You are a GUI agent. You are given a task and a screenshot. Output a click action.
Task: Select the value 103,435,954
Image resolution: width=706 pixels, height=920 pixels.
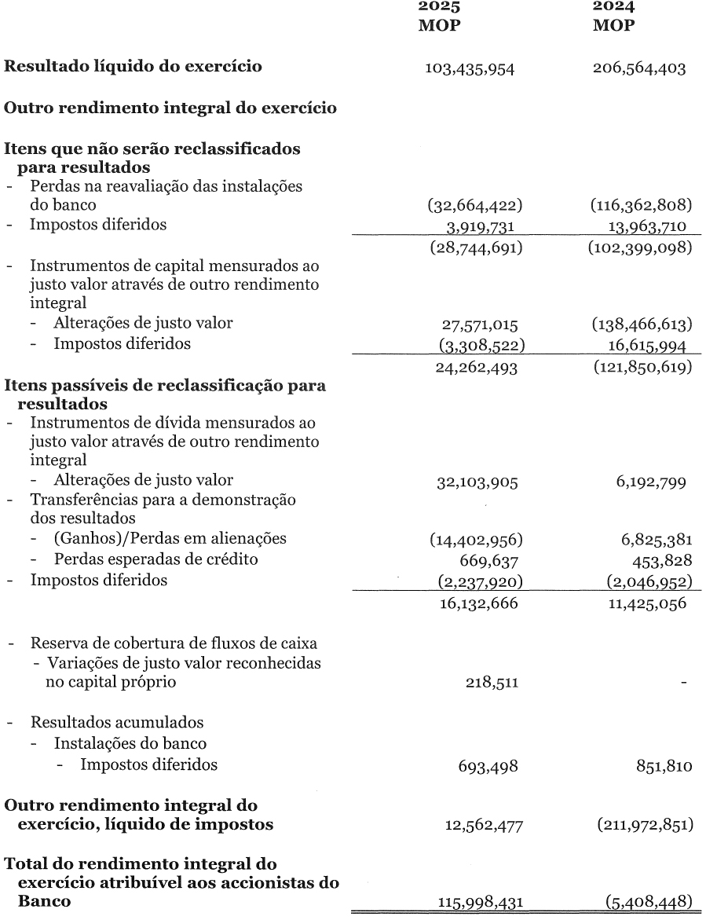tap(470, 68)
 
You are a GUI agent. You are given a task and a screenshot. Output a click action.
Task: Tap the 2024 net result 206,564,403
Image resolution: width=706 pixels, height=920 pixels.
tap(639, 68)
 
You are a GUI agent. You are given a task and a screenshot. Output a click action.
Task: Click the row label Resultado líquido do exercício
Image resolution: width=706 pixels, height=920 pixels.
tap(134, 67)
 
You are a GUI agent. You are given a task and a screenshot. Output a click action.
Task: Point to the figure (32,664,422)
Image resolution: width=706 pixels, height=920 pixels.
tap(475, 206)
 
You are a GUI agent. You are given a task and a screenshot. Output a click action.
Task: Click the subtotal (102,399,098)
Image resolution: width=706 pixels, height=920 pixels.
tap(640, 246)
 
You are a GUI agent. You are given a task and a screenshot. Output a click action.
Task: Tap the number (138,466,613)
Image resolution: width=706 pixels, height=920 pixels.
tap(640, 324)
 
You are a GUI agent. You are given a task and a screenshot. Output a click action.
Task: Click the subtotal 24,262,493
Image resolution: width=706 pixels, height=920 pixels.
tap(476, 366)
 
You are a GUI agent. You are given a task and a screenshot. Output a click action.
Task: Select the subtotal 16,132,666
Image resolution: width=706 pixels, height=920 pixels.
tap(476, 603)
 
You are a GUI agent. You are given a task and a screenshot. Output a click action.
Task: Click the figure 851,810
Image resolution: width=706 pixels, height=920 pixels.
tap(664, 766)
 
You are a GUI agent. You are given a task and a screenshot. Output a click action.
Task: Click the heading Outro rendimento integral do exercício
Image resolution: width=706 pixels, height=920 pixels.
tap(171, 108)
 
